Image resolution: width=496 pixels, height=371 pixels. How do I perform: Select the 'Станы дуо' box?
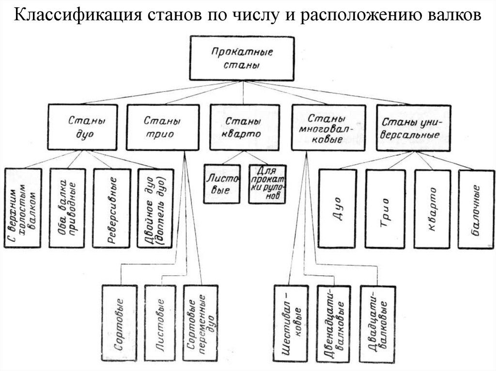pos(82,127)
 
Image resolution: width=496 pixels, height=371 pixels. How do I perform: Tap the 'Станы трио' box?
pos(162,127)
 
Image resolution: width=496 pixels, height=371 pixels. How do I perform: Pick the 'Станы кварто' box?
pos(243,127)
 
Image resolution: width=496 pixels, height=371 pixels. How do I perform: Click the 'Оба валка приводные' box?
pos(67,208)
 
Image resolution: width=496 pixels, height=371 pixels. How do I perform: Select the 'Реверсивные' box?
pos(112,208)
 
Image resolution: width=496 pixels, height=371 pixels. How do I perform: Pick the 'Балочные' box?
pos(476,209)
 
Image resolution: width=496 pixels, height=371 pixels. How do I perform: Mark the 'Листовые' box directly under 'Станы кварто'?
pos(222,184)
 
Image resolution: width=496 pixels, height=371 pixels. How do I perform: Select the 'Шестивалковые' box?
pos(291,323)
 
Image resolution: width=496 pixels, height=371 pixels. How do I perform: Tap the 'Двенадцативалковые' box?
pos(333,323)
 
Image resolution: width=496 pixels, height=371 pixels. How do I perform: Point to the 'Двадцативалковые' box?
pos(378,323)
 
